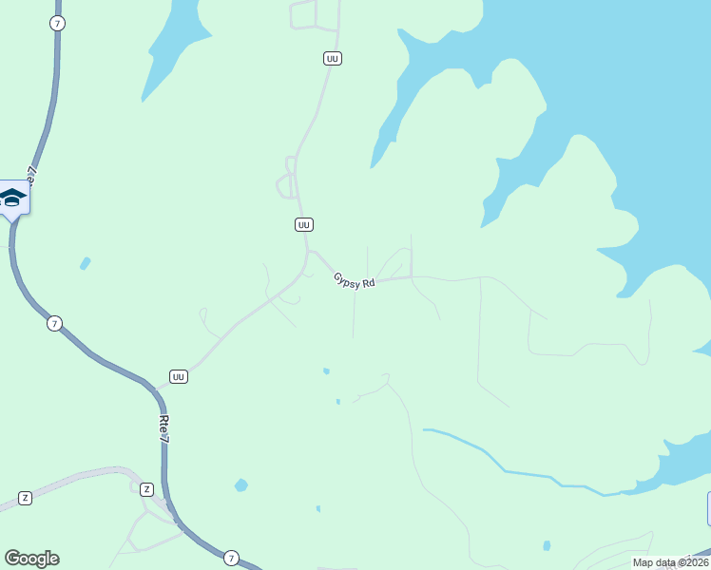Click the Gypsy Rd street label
point(355,281)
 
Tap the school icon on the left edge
point(12,198)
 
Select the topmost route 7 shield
point(58,24)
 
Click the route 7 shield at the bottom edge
point(232,558)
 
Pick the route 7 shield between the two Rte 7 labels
point(55,324)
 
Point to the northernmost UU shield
point(332,59)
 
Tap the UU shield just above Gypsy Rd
point(303,225)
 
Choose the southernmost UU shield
point(179,377)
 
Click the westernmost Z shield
point(25,498)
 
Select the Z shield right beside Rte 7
point(146,489)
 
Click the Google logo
point(31,559)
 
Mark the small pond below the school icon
point(86,263)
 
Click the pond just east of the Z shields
point(241,485)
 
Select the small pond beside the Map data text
point(547,545)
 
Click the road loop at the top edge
point(302,14)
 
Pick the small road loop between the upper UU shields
point(284,185)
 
